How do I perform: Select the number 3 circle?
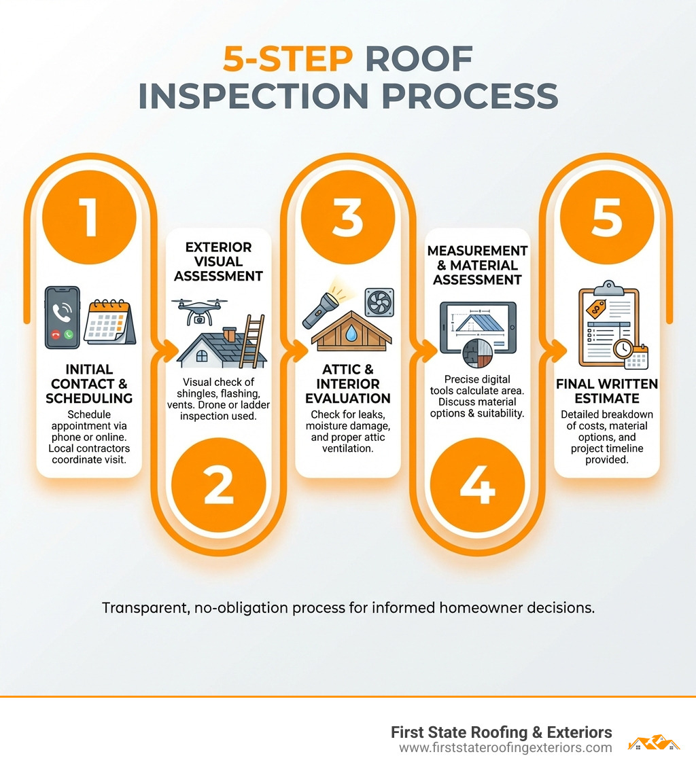(347, 217)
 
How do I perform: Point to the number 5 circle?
(606, 217)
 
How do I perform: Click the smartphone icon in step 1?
(63, 317)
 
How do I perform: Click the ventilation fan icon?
(379, 302)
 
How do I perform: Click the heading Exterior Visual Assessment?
(218, 262)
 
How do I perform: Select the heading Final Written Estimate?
(606, 391)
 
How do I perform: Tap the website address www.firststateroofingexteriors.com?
(505, 748)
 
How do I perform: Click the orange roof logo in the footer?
(654, 743)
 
